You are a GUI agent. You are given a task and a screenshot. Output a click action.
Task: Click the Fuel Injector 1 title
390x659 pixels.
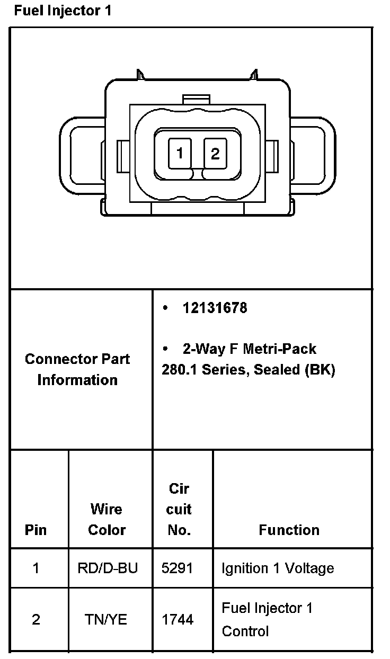click(x=63, y=11)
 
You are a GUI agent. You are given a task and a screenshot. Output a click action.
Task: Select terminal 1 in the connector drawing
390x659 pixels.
click(x=180, y=154)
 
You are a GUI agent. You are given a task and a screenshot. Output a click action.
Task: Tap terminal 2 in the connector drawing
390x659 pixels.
click(x=215, y=154)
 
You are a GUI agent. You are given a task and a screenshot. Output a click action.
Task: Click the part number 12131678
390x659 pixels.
click(x=215, y=308)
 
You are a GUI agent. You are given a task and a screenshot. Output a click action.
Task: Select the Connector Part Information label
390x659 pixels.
click(x=77, y=369)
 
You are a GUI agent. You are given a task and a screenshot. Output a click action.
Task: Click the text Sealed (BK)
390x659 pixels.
click(x=295, y=370)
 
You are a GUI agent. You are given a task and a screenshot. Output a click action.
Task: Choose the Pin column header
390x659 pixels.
click(x=36, y=530)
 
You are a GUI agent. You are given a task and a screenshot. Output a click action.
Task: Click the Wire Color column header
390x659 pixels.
click(x=107, y=519)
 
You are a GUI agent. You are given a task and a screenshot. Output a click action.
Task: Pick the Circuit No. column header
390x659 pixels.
click(x=179, y=509)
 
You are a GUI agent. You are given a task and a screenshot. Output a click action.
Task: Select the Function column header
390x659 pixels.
click(x=289, y=530)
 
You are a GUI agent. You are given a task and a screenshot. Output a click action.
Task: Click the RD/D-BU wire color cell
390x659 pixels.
click(x=107, y=568)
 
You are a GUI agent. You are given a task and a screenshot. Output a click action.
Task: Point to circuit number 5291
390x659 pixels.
click(x=178, y=568)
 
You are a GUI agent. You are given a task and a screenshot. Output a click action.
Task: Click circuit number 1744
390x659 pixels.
click(x=178, y=619)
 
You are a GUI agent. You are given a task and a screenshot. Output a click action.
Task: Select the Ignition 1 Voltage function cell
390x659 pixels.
click(x=278, y=568)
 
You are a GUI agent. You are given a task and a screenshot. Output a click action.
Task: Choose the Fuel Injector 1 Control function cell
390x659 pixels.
click(x=267, y=619)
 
